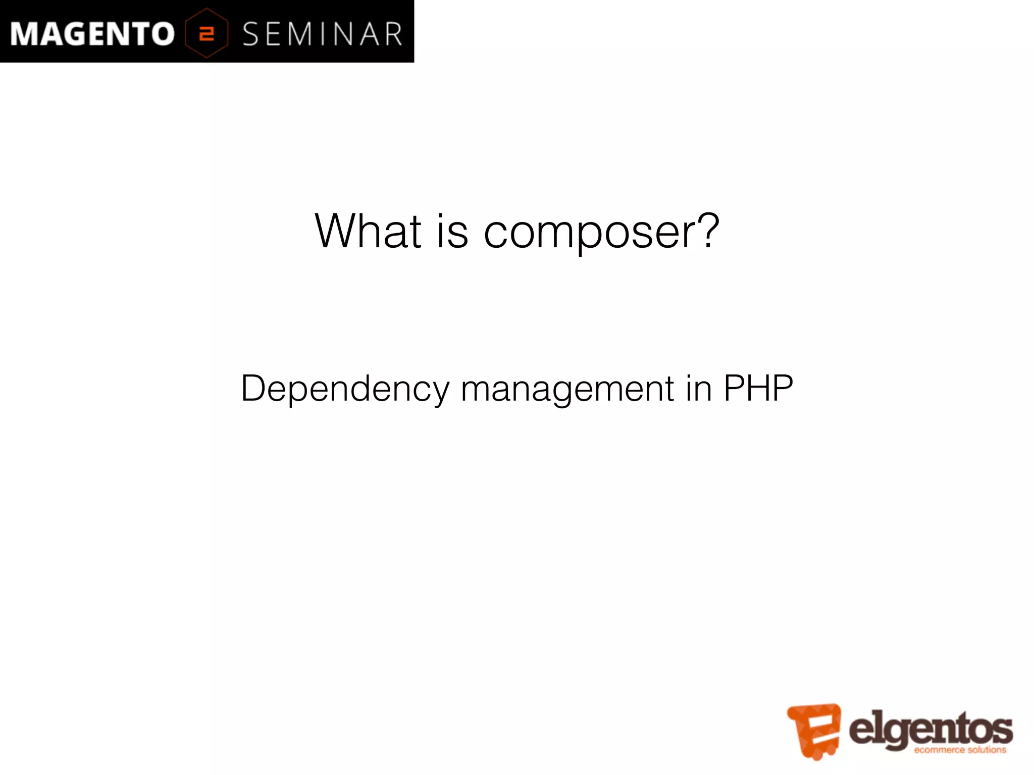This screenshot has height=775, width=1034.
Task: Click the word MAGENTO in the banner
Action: coord(92,34)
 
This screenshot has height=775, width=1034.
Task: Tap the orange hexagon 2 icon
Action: coord(206,33)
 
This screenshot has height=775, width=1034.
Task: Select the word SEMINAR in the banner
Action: coord(322,34)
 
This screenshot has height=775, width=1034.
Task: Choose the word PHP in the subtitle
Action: coord(758,389)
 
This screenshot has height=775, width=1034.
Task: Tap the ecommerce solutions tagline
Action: coord(960,750)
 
